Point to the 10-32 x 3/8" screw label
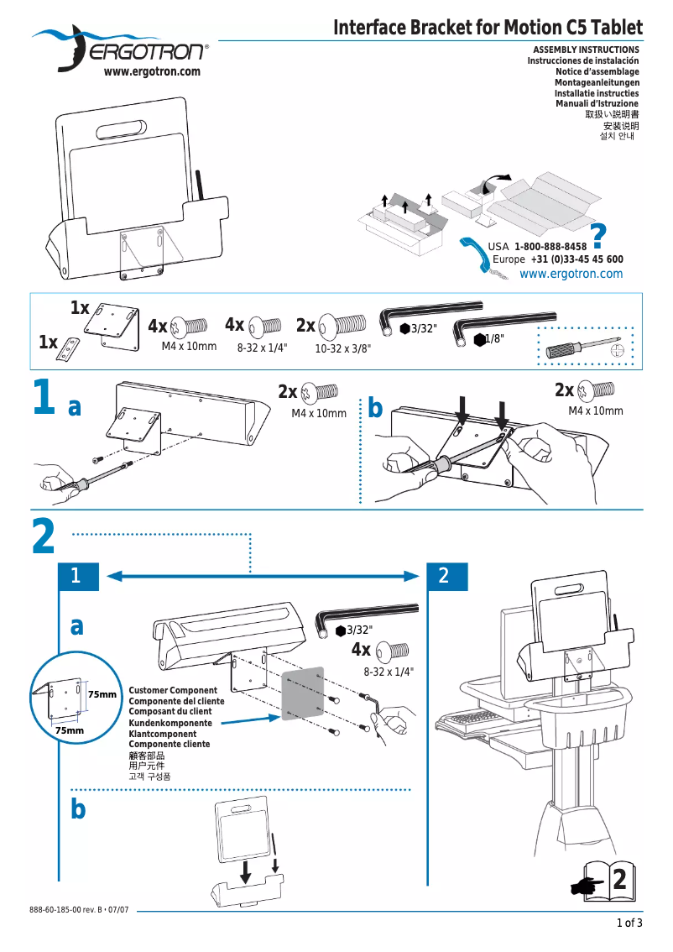[342, 348]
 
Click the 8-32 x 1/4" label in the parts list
[262, 347]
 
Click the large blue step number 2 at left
[44, 537]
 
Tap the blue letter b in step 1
[375, 408]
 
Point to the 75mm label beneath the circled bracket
[69, 731]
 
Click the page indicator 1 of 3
[629, 924]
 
